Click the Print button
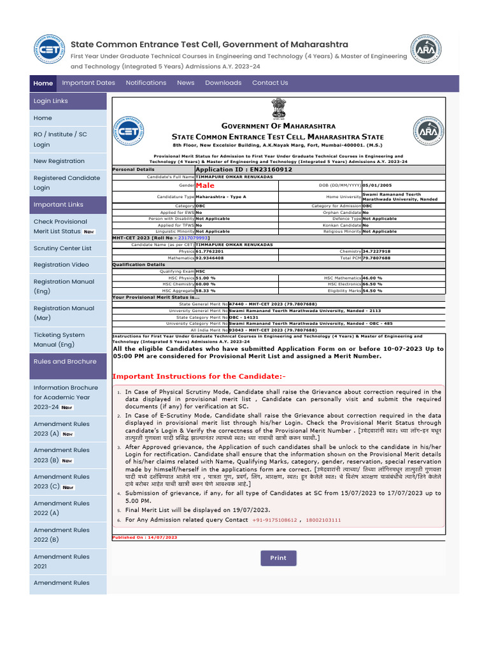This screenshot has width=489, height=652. [278, 558]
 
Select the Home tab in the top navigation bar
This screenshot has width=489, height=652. [43, 83]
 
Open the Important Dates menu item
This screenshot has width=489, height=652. [89, 83]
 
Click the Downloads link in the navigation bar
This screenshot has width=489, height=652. [223, 83]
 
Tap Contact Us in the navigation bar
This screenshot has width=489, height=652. [270, 83]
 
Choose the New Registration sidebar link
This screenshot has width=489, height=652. [59, 162]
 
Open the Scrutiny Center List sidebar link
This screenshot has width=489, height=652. [62, 248]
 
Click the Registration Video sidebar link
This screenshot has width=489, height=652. [61, 265]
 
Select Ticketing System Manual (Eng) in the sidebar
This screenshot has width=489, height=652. [59, 339]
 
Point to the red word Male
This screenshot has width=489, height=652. [205, 185]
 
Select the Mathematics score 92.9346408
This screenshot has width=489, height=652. [209, 258]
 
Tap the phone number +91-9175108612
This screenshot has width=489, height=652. [274, 520]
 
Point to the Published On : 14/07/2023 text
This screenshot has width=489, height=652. [145, 537]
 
